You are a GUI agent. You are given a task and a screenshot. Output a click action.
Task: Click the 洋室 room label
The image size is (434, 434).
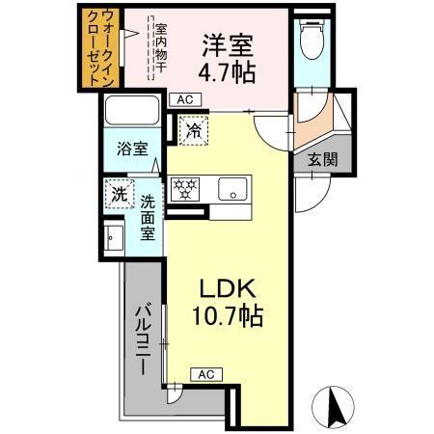(229, 44)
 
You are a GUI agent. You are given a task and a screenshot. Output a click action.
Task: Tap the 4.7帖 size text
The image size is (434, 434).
(229, 72)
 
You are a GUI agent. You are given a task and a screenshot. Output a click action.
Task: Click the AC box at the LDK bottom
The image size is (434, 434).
(204, 374)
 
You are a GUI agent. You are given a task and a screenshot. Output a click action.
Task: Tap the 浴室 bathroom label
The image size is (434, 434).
(131, 149)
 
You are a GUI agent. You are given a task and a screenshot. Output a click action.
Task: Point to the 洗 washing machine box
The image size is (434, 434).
(118, 194)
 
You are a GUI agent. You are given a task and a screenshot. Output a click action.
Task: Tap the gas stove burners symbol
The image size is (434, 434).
(186, 187)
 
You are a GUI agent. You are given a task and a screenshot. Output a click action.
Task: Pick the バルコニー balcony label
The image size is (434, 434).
(141, 342)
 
